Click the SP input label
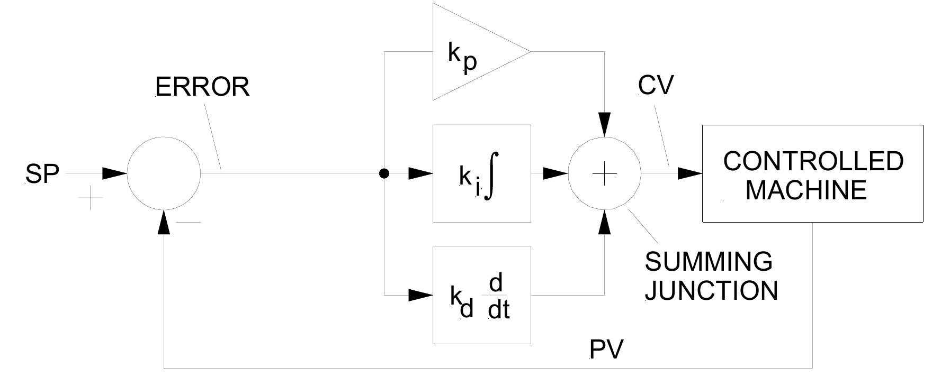42,174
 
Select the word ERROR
202,87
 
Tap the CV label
656,85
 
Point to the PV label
607,350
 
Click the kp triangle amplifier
471,52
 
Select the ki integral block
481,173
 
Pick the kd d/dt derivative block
481,295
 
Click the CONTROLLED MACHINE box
812,173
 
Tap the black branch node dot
384,173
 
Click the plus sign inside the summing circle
604,173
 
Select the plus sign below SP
91,198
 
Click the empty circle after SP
164,173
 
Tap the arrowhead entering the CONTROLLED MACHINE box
690,173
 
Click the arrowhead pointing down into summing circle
604,125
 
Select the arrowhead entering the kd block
422,295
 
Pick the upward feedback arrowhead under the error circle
164,222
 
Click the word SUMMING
709,262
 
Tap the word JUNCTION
711,291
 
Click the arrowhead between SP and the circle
114,173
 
